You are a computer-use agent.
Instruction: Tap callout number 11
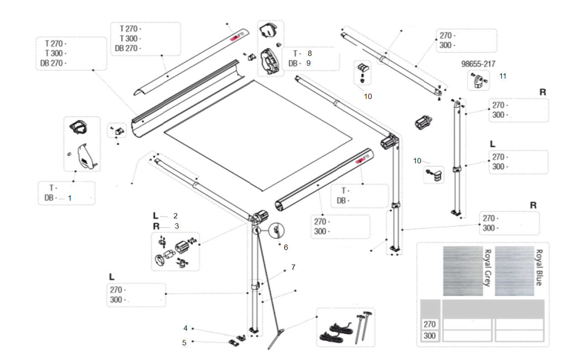pyautogui.click(x=502, y=76)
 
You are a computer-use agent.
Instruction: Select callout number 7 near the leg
pyautogui.click(x=293, y=267)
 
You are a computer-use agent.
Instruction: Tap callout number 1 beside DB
pyautogui.click(x=69, y=198)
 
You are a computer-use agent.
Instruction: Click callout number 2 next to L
pyautogui.click(x=176, y=216)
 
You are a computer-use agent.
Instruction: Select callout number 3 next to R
pyautogui.click(x=176, y=226)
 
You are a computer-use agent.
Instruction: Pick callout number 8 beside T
pyautogui.click(x=310, y=53)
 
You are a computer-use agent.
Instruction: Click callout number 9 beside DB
pyautogui.click(x=308, y=63)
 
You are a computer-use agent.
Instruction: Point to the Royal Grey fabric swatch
pyautogui.click(x=463, y=271)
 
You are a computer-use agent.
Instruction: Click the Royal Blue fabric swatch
pyautogui.click(x=514, y=271)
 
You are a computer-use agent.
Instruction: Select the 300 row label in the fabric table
pyautogui.click(x=430, y=336)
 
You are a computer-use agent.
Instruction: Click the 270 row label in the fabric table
pyautogui.click(x=430, y=324)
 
